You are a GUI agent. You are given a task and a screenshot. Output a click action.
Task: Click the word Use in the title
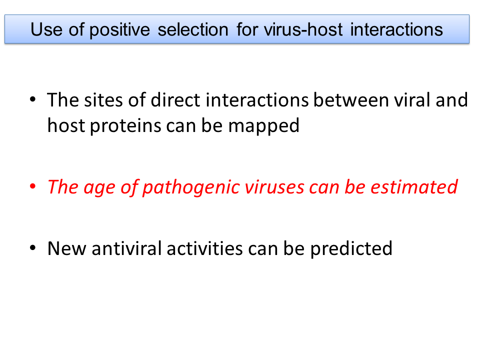tap(46, 29)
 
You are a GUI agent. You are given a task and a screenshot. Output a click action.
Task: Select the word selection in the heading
tap(193, 29)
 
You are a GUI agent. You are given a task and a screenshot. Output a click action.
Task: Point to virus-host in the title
tap(303, 29)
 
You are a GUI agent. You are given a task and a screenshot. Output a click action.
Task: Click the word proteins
tap(125, 126)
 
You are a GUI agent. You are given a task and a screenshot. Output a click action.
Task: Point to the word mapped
tap(263, 126)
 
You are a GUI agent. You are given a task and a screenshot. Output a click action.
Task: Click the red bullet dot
tap(33, 186)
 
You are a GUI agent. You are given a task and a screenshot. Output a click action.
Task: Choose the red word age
tap(99, 187)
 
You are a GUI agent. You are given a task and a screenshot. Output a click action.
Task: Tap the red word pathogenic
tap(191, 187)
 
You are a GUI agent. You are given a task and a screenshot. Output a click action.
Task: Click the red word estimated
tap(414, 186)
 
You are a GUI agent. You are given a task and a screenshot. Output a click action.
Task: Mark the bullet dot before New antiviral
tap(33, 247)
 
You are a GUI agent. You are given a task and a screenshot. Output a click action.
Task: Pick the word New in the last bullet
tap(66, 248)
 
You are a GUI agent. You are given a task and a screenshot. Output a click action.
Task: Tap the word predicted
tap(351, 248)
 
